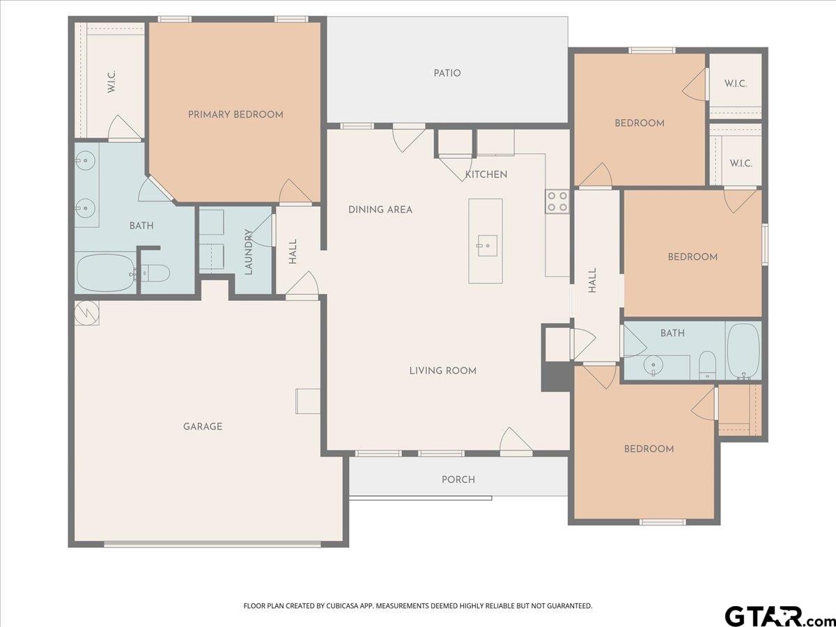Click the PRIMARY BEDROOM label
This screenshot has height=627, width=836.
point(235,114)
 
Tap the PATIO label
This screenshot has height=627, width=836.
point(447,73)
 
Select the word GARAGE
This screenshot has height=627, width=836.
point(203,426)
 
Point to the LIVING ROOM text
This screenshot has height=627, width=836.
point(443,371)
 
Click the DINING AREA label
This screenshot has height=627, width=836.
point(380,210)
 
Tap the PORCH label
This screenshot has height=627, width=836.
point(458,480)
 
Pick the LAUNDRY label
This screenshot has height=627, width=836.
point(248,251)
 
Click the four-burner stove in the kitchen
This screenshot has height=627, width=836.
point(557,202)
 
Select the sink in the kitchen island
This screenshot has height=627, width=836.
point(488,245)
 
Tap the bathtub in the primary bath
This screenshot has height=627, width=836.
point(105,273)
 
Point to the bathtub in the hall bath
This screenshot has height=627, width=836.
point(743,351)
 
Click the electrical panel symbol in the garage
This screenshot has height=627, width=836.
point(87,313)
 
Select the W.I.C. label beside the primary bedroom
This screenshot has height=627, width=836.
point(111,82)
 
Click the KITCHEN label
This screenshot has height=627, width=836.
point(486,174)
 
